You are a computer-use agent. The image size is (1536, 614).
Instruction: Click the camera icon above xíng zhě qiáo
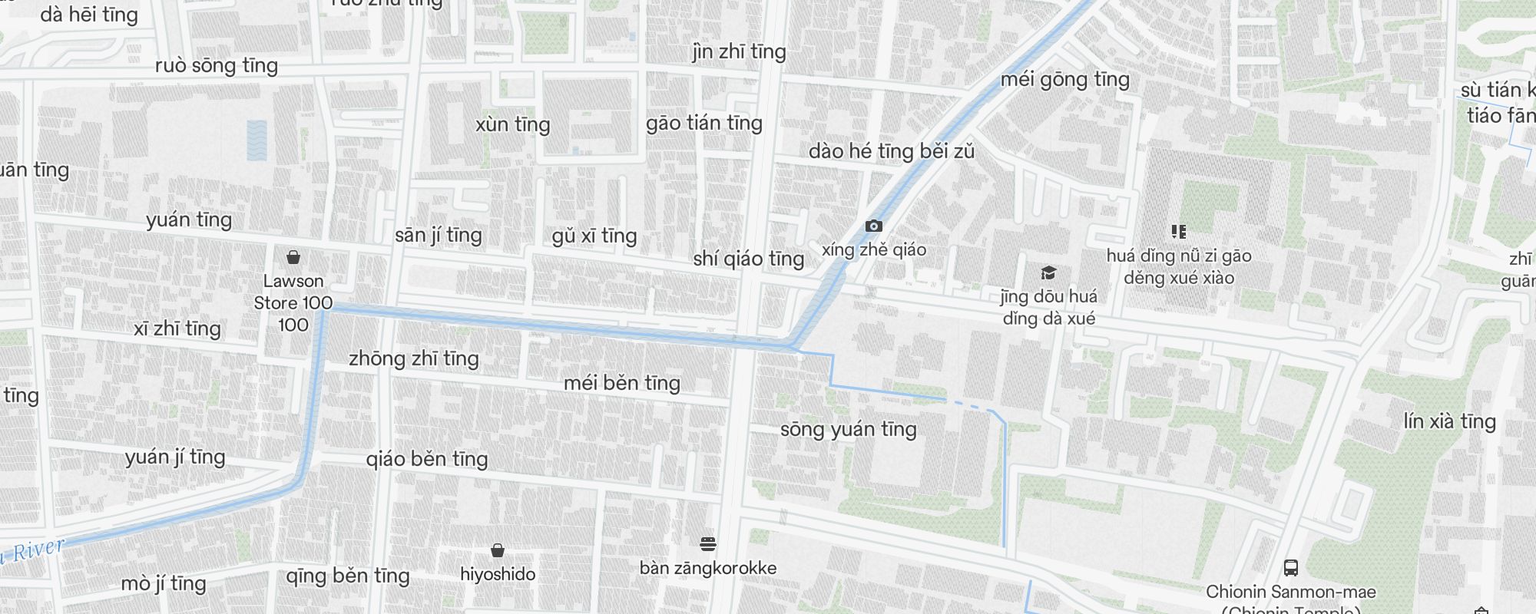[x=873, y=226]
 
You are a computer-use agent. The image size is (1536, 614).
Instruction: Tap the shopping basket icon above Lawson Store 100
[x=293, y=257]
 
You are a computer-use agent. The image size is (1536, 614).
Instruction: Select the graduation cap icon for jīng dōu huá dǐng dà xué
[x=1048, y=272]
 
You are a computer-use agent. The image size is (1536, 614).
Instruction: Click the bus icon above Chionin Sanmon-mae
[x=1290, y=568]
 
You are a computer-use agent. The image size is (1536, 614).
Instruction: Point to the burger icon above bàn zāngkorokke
[x=708, y=544]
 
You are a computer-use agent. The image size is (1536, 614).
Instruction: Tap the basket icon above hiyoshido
[x=498, y=550]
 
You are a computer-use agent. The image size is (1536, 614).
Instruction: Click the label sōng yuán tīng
[x=848, y=429]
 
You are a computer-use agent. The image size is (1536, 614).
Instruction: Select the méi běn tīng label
[x=621, y=382]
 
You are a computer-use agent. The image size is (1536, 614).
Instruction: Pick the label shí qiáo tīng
[x=748, y=259]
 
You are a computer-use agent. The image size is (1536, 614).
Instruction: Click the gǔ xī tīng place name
[x=594, y=236]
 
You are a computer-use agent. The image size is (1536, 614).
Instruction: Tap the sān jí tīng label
[x=438, y=235]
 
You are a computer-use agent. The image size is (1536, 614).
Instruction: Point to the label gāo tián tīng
[x=703, y=123]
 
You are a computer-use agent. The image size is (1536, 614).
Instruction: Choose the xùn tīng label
[x=512, y=124]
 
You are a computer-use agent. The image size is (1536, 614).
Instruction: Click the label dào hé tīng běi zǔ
[x=891, y=151]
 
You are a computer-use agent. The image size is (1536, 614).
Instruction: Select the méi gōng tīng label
[x=1064, y=79]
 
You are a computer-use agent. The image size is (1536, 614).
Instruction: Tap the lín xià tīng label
[x=1449, y=421]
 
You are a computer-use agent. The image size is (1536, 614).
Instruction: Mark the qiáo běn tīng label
[x=426, y=459]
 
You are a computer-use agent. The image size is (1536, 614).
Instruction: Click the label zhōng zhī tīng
[x=413, y=358]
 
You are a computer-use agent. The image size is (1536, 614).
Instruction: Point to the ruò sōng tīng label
[x=216, y=65]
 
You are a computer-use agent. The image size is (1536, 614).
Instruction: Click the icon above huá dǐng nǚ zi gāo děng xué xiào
[x=1179, y=231]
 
